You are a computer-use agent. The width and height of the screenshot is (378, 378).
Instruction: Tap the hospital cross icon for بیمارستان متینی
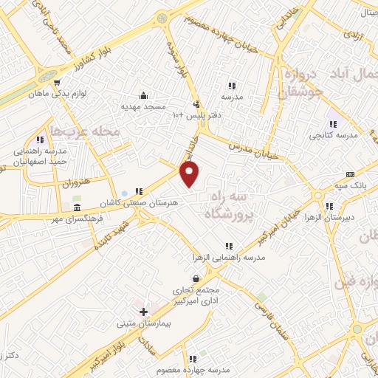point(143,312)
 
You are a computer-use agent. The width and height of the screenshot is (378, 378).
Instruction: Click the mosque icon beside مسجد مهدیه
point(144,95)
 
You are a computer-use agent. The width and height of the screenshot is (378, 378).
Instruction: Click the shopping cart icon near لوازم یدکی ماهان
point(57,82)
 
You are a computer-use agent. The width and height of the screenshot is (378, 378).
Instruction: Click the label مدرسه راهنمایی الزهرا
point(229,256)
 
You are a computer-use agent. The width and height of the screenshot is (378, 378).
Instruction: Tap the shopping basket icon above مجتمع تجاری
point(196,279)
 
